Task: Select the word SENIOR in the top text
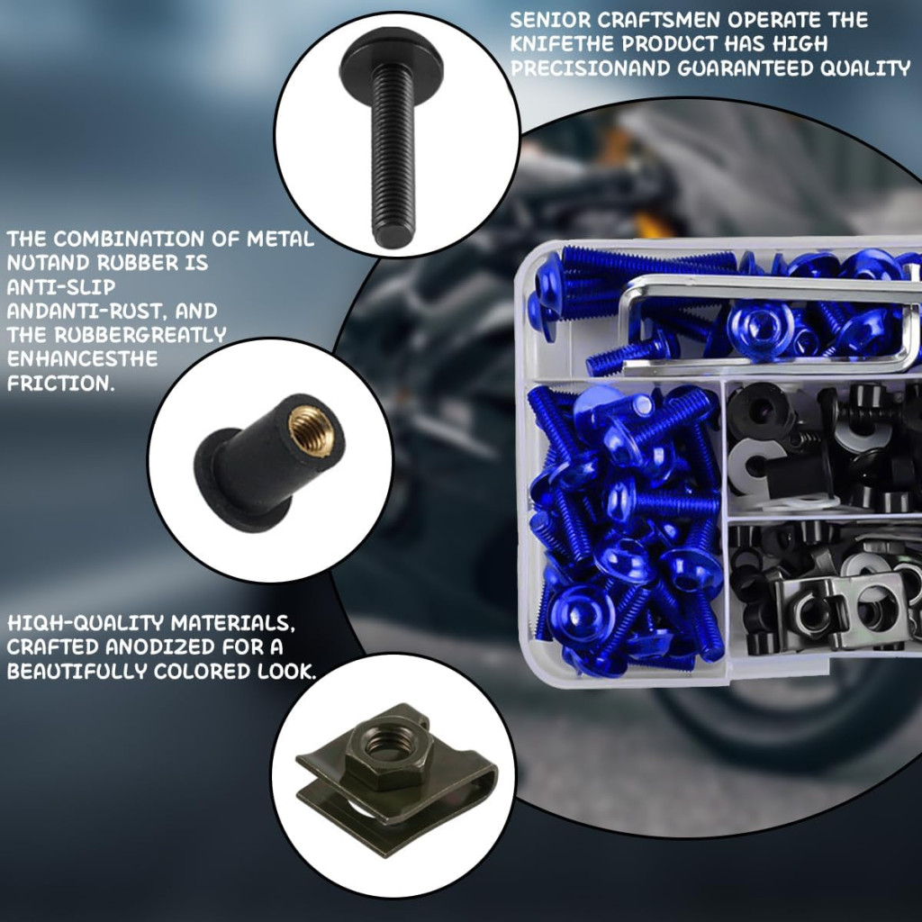point(550,20)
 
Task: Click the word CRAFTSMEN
point(659,20)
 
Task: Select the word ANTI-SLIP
point(61,287)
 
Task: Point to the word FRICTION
point(60,384)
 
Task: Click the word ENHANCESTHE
point(82,358)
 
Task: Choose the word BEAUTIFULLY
point(77,671)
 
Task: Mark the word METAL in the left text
point(280,239)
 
